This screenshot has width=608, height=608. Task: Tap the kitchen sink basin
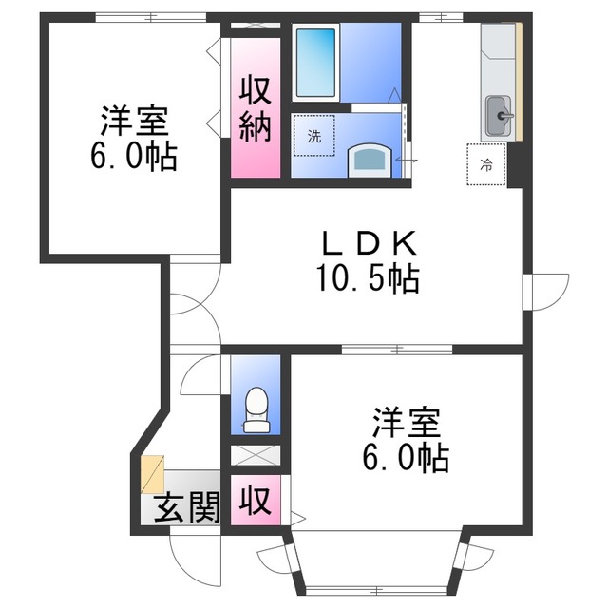(499, 118)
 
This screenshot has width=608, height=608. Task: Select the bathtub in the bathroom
(315, 63)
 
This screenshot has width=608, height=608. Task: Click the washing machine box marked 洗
(313, 136)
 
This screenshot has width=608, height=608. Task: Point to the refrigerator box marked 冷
(486, 164)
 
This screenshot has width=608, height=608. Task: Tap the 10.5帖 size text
(367, 279)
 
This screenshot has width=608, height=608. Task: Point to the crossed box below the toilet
(256, 455)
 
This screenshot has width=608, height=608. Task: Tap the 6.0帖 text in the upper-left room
(134, 157)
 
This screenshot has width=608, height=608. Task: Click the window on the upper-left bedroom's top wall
(151, 17)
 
